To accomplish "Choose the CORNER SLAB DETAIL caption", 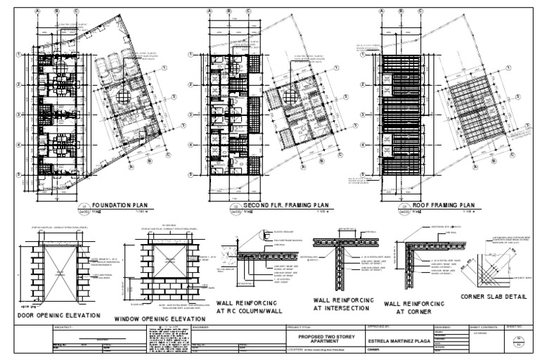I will [x=492, y=297].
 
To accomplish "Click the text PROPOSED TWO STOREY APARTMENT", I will [x=324, y=339].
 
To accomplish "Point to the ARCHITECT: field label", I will [x=63, y=328].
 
